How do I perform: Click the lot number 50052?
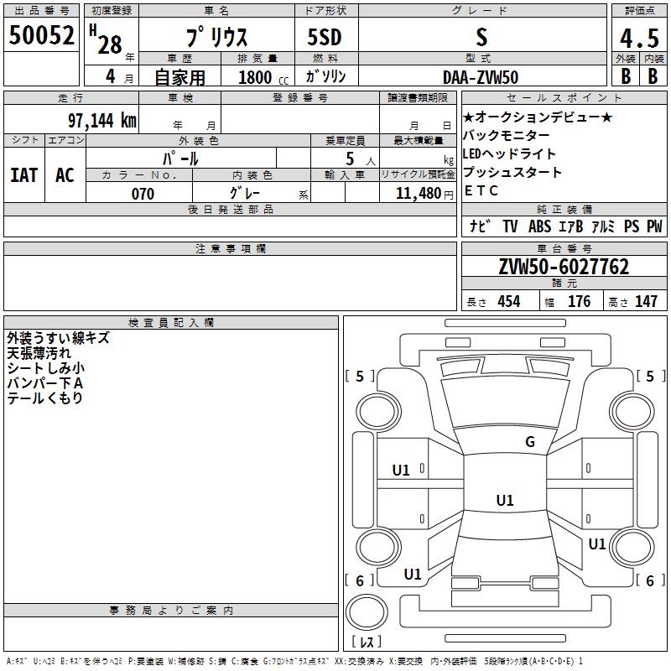pyautogui.click(x=42, y=35)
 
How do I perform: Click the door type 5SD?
pyautogui.click(x=325, y=37)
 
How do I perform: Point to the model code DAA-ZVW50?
pyautogui.click(x=481, y=76)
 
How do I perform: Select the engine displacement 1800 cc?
pyautogui.click(x=262, y=77)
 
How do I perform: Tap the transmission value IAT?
pyautogui.click(x=24, y=175)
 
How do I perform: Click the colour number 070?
pyautogui.click(x=143, y=194)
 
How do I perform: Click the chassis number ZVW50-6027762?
pyautogui.click(x=564, y=268)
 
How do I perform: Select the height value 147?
pyautogui.click(x=646, y=302)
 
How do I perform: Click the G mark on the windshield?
pyautogui.click(x=529, y=441)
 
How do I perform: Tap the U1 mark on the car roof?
pyautogui.click(x=504, y=500)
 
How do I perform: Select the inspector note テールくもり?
pyautogui.click(x=45, y=398)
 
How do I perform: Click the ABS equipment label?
pyautogui.click(x=540, y=226)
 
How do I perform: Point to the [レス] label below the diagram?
pyautogui.click(x=366, y=642)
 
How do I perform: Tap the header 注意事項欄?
pyautogui.click(x=230, y=249)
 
